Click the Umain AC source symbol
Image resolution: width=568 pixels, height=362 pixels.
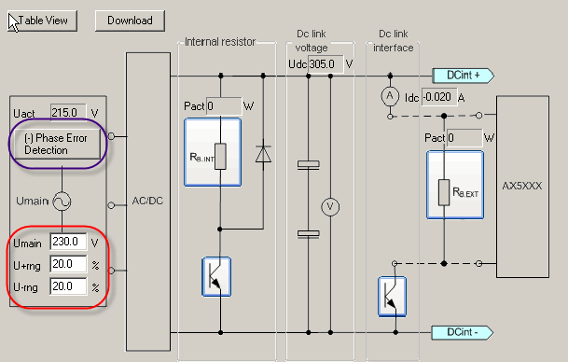click(x=62, y=200)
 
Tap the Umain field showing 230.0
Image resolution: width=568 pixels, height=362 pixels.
click(x=69, y=242)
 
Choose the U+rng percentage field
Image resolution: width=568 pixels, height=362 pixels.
click(x=69, y=264)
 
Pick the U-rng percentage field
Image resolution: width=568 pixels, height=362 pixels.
click(x=69, y=286)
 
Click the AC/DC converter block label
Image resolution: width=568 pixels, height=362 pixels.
click(x=148, y=201)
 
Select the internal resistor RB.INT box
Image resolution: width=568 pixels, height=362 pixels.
click(x=213, y=151)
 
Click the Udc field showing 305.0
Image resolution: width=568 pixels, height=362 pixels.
click(x=324, y=64)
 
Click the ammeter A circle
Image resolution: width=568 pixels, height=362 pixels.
click(x=391, y=96)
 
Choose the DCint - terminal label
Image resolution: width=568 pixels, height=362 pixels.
click(x=464, y=332)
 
